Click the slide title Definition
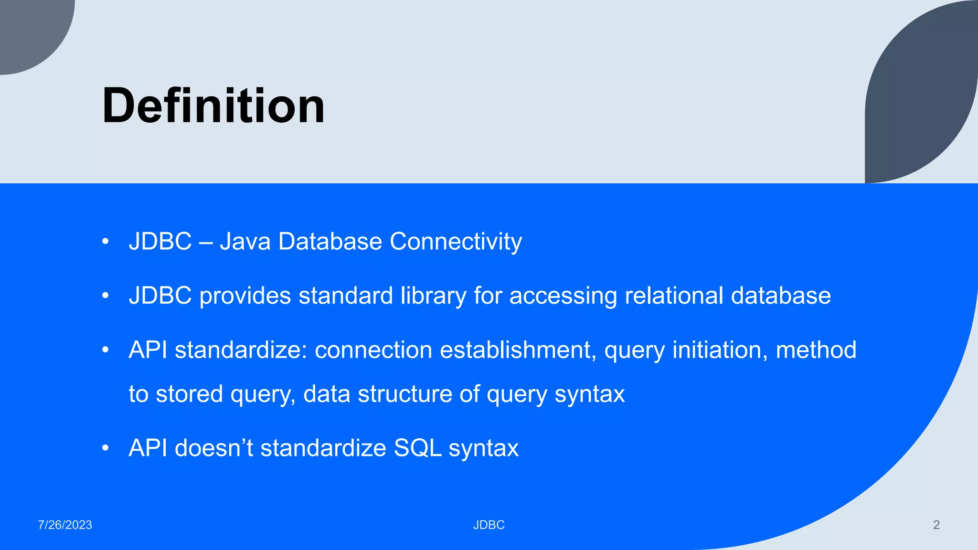pyautogui.click(x=213, y=106)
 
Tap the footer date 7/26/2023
pyautogui.click(x=65, y=525)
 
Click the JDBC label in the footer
pyautogui.click(x=489, y=525)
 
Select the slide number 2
pyautogui.click(x=936, y=525)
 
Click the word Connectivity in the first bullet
pyautogui.click(x=456, y=241)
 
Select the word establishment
pyautogui.click(x=518, y=350)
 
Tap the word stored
pyautogui.click(x=189, y=394)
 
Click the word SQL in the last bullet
pyautogui.click(x=417, y=448)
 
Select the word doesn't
pyautogui.click(x=213, y=448)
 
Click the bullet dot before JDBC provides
pyautogui.click(x=106, y=296)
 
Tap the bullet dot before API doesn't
pyautogui.click(x=106, y=449)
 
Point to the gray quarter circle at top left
pyautogui.click(x=29, y=29)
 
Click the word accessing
pyautogui.click(x=563, y=296)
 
